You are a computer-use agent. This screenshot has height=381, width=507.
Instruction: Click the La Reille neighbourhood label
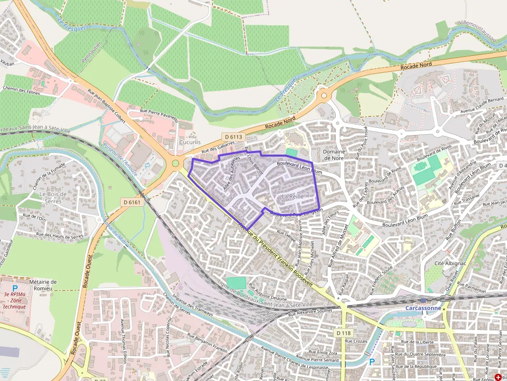293,196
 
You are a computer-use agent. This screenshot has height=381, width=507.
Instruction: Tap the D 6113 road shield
234,136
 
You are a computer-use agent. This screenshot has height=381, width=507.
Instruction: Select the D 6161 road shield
132,202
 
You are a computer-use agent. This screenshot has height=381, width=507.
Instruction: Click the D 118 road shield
344,333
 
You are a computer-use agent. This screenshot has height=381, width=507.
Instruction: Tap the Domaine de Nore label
334,155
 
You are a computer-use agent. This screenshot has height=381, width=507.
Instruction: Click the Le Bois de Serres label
53,197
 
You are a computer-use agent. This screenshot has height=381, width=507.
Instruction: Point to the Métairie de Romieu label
43,285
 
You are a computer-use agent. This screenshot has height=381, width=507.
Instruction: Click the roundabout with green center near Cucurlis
175,163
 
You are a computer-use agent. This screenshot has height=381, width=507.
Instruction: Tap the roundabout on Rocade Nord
324,95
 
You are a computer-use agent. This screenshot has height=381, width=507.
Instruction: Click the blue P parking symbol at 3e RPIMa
15,288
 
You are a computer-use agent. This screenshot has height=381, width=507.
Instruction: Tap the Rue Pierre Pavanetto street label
159,114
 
